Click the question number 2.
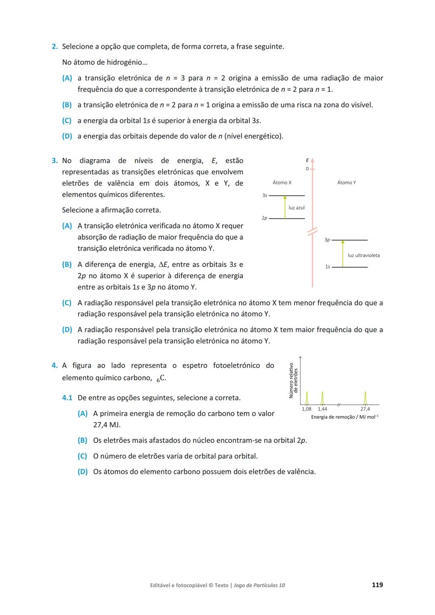(x=54, y=47)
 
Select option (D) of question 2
(x=67, y=136)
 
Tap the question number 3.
(x=54, y=161)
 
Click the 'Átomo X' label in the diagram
(x=282, y=182)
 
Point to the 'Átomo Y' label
(x=346, y=182)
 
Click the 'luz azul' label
(x=296, y=207)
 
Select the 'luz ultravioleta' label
(x=363, y=255)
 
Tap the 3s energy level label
(x=265, y=195)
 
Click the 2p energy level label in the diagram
(x=264, y=218)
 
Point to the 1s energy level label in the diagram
(x=327, y=267)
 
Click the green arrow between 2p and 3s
(x=285, y=207)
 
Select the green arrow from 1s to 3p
(x=343, y=254)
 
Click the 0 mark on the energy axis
(x=307, y=169)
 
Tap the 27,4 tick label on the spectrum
(x=365, y=409)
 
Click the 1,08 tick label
(x=307, y=409)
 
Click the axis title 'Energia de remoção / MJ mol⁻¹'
(x=344, y=417)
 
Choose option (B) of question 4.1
(x=83, y=440)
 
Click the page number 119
(x=377, y=585)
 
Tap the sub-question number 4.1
(x=67, y=398)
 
